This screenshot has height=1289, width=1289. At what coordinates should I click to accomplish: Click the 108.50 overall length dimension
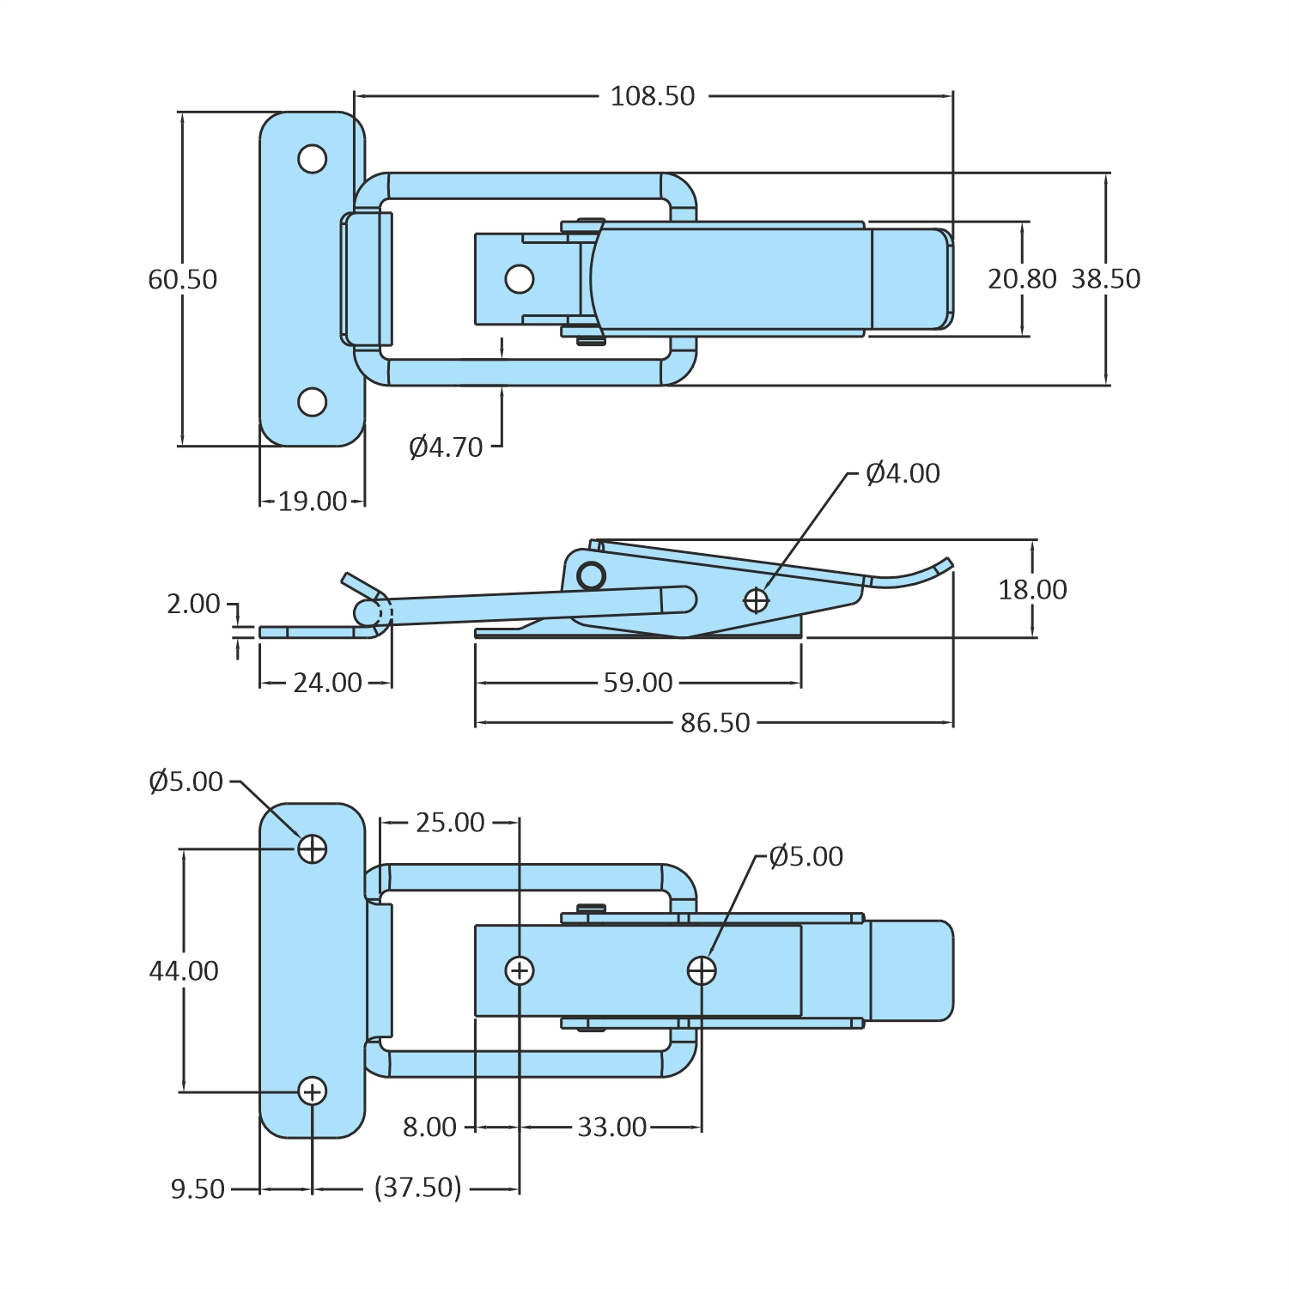[652, 96]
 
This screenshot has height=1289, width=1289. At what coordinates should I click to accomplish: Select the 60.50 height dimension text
[182, 279]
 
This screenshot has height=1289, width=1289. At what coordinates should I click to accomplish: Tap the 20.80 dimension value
[1022, 279]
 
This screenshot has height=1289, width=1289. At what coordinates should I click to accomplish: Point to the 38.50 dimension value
[1106, 279]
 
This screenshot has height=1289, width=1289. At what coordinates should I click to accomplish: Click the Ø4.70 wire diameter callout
[446, 447]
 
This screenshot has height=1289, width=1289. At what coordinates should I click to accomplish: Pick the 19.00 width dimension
[313, 502]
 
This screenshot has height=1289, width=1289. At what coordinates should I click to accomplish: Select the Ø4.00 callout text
[903, 473]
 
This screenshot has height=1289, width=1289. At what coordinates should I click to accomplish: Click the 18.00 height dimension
[1032, 590]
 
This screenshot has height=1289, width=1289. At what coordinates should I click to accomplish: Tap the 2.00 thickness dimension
[193, 604]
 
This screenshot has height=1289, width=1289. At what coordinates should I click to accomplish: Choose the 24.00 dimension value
[327, 683]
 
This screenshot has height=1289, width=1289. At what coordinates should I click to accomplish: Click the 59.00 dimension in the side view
[637, 683]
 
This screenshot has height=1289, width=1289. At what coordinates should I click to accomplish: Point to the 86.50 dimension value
[714, 723]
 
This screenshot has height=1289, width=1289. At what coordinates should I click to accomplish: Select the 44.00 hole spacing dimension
[184, 971]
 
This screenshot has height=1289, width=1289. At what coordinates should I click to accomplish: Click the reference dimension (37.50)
[418, 1189]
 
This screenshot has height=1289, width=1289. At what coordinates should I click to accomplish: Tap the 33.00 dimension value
[611, 1128]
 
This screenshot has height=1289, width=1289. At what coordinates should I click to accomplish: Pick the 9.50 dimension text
[198, 1189]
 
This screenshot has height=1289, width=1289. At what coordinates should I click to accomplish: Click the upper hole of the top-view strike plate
[313, 159]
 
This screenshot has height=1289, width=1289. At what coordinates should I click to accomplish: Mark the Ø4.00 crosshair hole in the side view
[756, 600]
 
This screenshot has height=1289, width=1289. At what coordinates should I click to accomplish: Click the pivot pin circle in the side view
[591, 575]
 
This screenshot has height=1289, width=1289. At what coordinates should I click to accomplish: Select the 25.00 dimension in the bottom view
[450, 823]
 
